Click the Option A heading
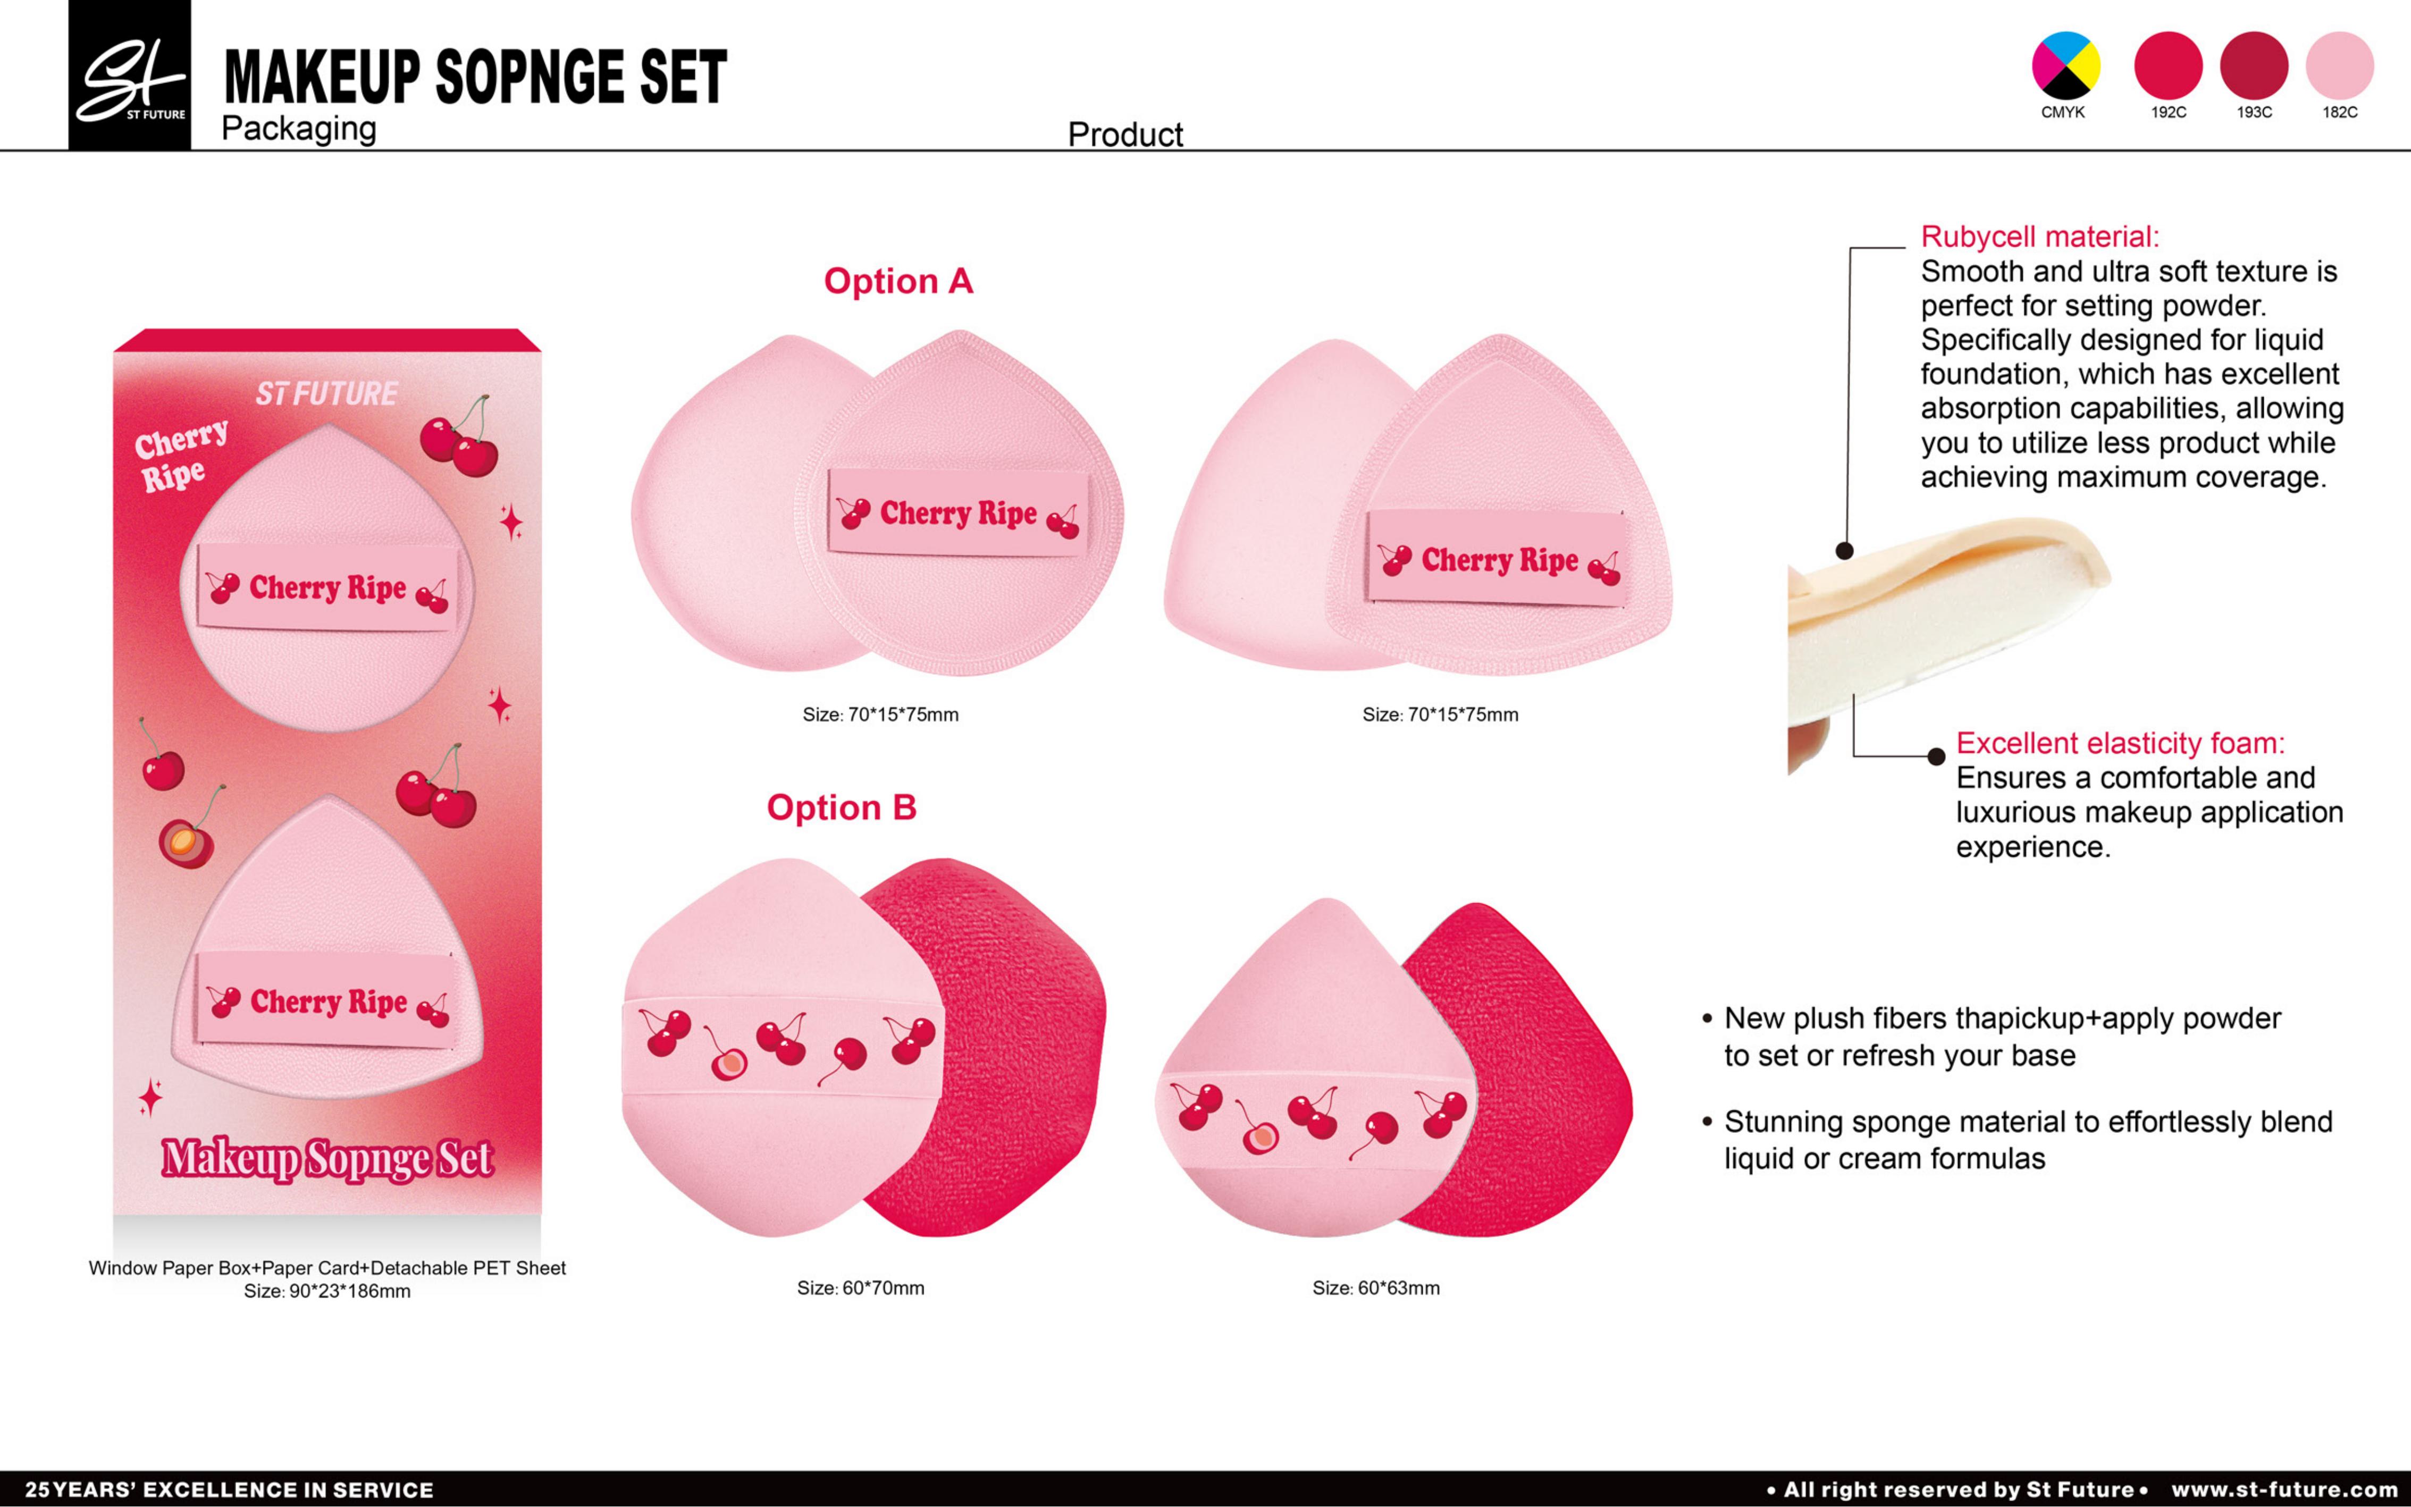point(898,281)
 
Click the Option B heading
point(841,807)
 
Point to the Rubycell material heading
point(2039,237)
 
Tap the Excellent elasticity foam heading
point(2120,744)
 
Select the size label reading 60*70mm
point(860,1287)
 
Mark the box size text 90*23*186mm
point(327,1292)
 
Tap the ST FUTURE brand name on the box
point(327,394)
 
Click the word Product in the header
point(1125,134)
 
